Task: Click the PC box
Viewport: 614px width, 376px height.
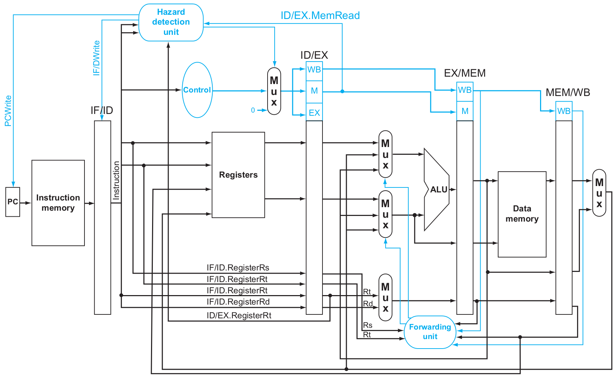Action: pyautogui.click(x=13, y=202)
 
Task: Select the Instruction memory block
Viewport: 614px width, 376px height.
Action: pyautogui.click(x=58, y=203)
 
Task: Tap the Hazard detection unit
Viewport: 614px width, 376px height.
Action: pyautogui.click(x=171, y=22)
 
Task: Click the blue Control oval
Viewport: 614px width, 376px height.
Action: pyautogui.click(x=197, y=90)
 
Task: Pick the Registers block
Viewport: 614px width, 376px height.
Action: pyautogui.click(x=238, y=175)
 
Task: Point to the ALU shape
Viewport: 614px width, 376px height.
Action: pyautogui.click(x=437, y=190)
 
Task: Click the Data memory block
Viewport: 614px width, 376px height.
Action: pyautogui.click(x=522, y=214)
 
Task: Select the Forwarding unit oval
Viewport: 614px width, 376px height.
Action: pyautogui.click(x=430, y=332)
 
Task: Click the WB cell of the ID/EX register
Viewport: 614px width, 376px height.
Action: pyautogui.click(x=314, y=70)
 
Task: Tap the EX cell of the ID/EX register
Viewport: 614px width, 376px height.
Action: pyautogui.click(x=314, y=113)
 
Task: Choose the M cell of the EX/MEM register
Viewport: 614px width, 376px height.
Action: pyautogui.click(x=465, y=111)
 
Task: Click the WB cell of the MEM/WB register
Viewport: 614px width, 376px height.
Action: pyautogui.click(x=564, y=111)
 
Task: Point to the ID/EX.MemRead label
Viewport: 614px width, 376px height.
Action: pyautogui.click(x=320, y=15)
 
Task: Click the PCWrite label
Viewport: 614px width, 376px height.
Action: pyautogui.click(x=8, y=111)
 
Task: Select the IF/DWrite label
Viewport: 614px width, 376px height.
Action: pyautogui.click(x=96, y=58)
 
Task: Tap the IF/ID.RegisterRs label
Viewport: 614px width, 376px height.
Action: pyautogui.click(x=238, y=268)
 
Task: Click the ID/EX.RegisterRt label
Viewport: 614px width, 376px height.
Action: pyautogui.click(x=239, y=316)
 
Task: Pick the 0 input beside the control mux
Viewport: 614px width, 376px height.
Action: pyautogui.click(x=253, y=110)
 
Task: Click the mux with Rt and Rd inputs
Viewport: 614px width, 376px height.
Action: pyautogui.click(x=386, y=297)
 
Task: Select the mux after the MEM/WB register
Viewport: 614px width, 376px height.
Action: pyautogui.click(x=599, y=193)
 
